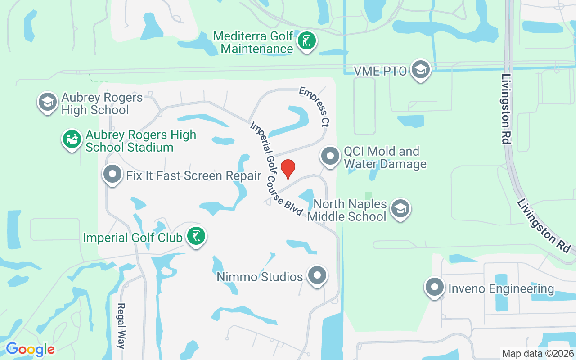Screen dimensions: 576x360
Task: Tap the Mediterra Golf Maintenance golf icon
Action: (x=307, y=42)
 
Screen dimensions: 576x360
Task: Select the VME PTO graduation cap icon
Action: (x=420, y=70)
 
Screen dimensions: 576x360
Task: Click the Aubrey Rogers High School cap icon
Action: (x=47, y=102)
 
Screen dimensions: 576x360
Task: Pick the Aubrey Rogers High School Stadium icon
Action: (x=72, y=139)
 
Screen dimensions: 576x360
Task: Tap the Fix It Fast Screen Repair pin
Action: (x=112, y=174)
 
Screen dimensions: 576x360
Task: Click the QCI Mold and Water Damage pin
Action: (x=330, y=157)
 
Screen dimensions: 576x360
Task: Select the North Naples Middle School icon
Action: (x=400, y=209)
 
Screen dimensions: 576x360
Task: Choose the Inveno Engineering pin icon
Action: (x=435, y=287)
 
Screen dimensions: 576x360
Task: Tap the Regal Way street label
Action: (x=121, y=326)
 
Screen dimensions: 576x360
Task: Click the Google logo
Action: (x=30, y=349)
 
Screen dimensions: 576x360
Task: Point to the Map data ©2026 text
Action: (x=538, y=353)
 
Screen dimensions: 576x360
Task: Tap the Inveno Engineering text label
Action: (x=501, y=288)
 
